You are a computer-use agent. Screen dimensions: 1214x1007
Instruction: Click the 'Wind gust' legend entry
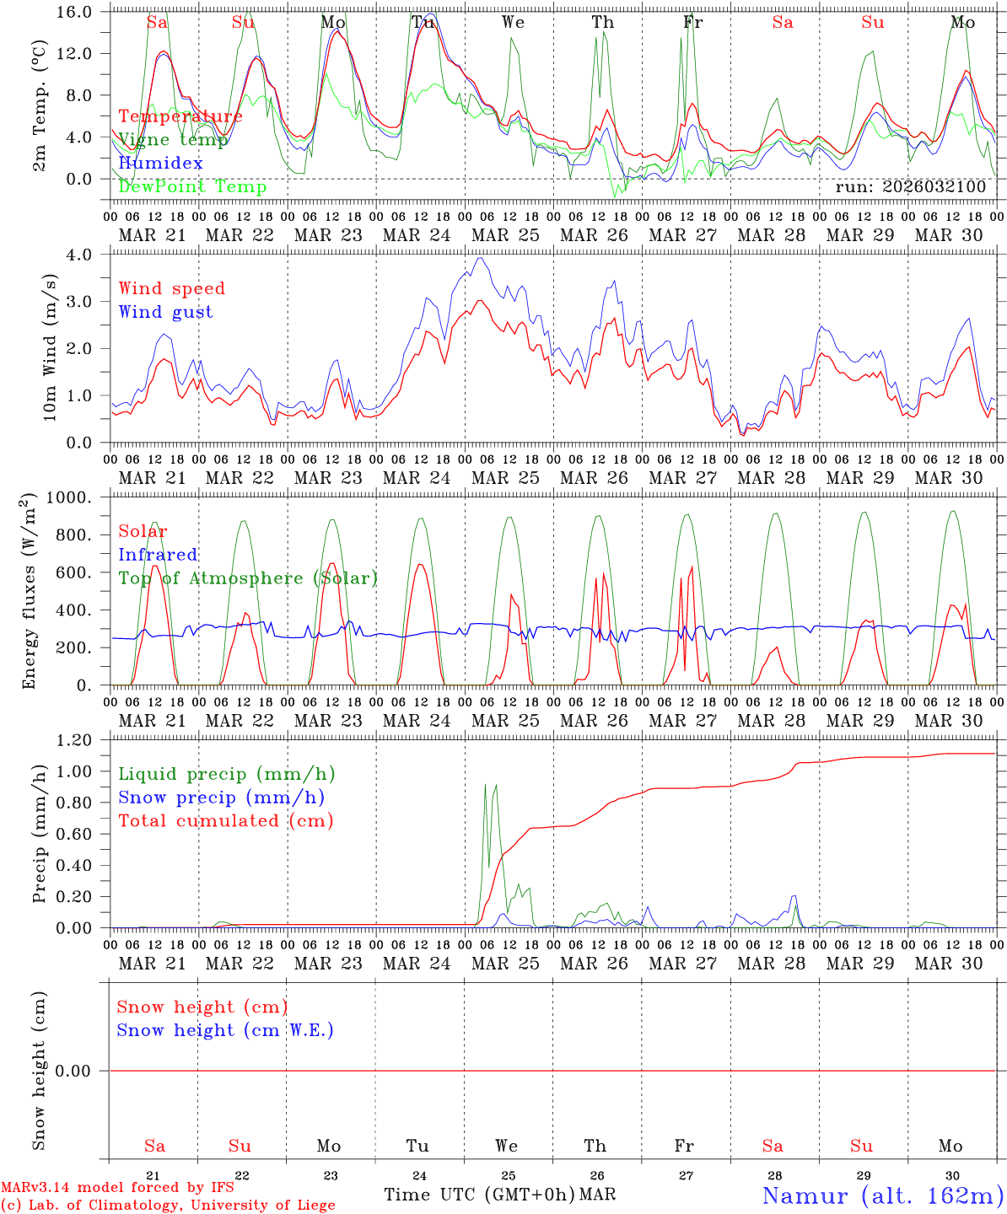pyautogui.click(x=165, y=312)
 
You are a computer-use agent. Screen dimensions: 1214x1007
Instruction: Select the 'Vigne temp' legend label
pyautogui.click(x=173, y=140)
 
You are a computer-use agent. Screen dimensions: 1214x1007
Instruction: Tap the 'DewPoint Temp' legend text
pyautogui.click(x=192, y=186)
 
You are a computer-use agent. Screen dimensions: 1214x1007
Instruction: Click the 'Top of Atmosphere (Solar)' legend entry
pyautogui.click(x=247, y=578)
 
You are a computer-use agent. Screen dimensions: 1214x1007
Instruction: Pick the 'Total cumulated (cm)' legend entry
pyautogui.click(x=225, y=820)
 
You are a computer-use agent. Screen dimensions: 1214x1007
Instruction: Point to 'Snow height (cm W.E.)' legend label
pyautogui.click(x=225, y=1030)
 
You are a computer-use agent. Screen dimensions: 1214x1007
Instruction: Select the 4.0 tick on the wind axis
pyautogui.click(x=89, y=254)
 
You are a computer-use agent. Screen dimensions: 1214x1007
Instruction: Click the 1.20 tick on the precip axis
pyautogui.click(x=83, y=740)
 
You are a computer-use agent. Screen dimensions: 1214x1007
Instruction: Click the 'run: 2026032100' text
pyautogui.click(x=910, y=186)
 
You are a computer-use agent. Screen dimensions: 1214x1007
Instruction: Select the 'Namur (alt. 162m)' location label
pyautogui.click(x=882, y=1195)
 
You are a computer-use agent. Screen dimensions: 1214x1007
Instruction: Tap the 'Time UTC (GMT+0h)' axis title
pyautogui.click(x=479, y=1195)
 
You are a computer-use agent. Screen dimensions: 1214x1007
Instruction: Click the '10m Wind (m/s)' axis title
pyautogui.click(x=50, y=347)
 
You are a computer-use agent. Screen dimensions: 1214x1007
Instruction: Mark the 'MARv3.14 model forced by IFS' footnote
pyautogui.click(x=117, y=1188)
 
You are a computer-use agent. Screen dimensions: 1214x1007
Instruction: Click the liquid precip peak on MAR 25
pyautogui.click(x=485, y=785)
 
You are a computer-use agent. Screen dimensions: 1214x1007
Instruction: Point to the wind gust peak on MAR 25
pyautogui.click(x=481, y=258)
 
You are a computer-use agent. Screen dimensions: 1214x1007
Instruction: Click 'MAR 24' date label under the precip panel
pyautogui.click(x=417, y=963)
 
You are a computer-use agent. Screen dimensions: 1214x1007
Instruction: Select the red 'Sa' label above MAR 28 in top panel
pyautogui.click(x=782, y=22)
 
